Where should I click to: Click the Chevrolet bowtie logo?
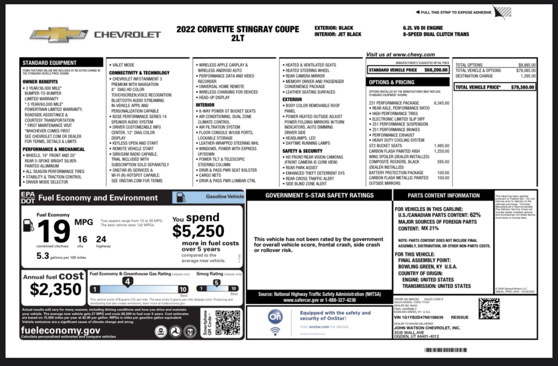click(x=58, y=35)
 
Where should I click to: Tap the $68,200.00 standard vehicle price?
click(x=436, y=70)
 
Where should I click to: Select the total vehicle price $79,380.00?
click(x=522, y=87)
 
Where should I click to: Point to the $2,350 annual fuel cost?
click(x=55, y=289)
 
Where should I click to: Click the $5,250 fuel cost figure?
click(x=198, y=231)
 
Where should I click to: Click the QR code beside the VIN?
click(x=489, y=308)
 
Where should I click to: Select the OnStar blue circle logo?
click(x=275, y=316)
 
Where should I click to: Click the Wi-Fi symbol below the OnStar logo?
click(x=275, y=331)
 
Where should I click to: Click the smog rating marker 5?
click(x=217, y=283)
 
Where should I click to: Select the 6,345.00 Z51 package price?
click(x=442, y=103)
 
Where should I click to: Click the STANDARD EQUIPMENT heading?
click(x=50, y=63)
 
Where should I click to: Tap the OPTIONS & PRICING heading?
click(x=392, y=82)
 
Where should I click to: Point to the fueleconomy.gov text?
click(x=61, y=330)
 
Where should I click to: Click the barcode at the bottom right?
click(x=445, y=350)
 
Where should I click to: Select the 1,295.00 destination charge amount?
click(x=528, y=76)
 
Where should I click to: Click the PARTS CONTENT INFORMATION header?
click(x=444, y=196)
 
